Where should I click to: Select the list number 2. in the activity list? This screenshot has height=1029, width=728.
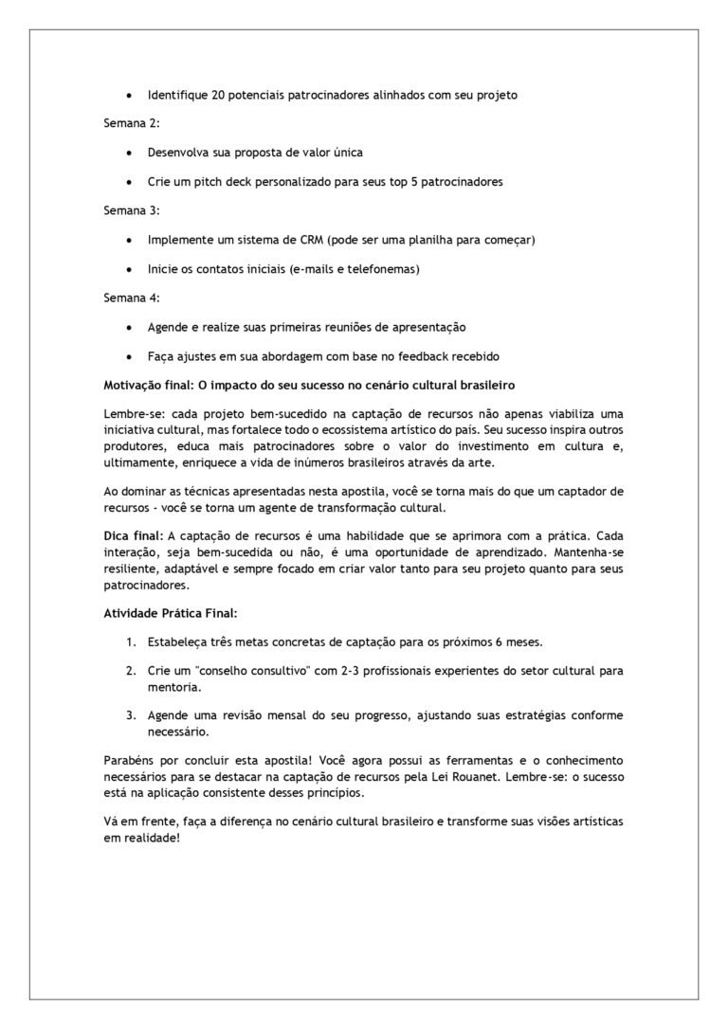pos(132,671)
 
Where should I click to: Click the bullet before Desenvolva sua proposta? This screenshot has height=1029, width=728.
pos(129,153)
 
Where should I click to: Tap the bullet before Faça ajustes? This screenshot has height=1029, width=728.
pos(129,356)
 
